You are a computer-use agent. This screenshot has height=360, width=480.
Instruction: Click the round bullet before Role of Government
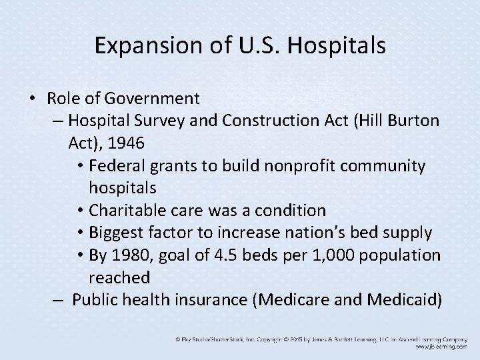33,99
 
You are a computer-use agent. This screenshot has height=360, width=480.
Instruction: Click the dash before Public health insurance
59,300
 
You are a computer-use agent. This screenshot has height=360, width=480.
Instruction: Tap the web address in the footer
439,347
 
